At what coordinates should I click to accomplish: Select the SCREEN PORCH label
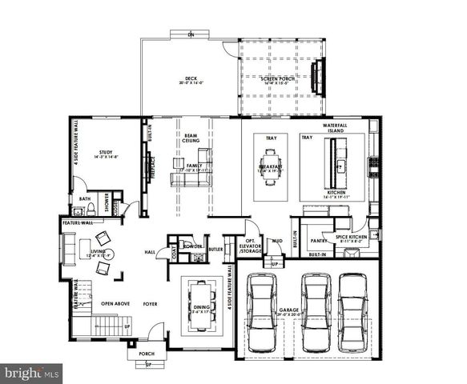point(278,78)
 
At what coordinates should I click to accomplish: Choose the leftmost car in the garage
point(263,311)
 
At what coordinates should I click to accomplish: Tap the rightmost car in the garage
point(352,311)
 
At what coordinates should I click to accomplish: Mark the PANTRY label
point(318,239)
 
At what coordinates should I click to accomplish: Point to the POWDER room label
point(192,246)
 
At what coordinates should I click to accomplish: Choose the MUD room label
point(276,240)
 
